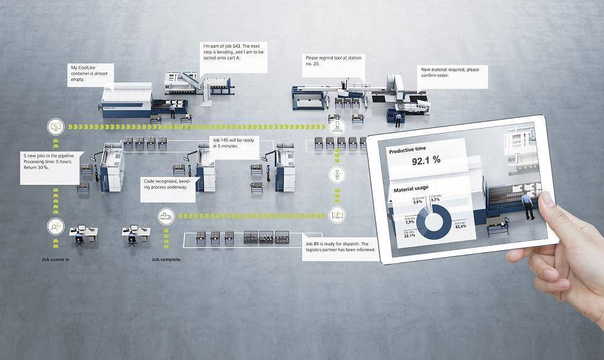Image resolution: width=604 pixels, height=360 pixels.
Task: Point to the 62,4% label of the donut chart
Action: tap(460, 225)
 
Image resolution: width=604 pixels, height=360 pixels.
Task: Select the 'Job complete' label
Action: tap(165, 259)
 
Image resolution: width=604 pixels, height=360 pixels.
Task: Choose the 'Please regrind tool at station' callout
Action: tap(333, 62)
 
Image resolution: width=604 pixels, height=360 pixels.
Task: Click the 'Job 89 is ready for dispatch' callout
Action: tap(340, 246)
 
